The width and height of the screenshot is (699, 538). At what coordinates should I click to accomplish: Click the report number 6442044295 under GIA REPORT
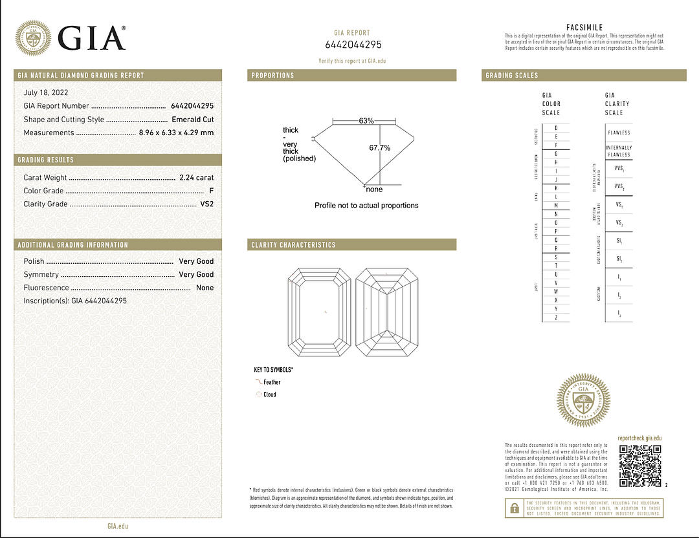[353, 45]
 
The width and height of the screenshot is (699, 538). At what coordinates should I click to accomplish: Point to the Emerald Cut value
[192, 120]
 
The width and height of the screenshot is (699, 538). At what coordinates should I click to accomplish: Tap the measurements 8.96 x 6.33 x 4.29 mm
[176, 133]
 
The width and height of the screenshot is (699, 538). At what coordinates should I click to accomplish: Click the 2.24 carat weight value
[196, 177]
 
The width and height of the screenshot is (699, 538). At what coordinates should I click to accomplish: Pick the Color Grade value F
[212, 191]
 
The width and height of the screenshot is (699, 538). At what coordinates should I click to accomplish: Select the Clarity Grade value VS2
[206, 204]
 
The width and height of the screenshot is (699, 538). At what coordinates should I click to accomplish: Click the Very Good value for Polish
[196, 261]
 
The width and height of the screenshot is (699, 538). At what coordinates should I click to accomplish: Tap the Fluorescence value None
[205, 288]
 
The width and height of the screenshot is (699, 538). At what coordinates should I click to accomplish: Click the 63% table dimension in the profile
[366, 121]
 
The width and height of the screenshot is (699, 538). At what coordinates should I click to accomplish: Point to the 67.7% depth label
[380, 148]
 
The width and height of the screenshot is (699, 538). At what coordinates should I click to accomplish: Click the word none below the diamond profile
[374, 189]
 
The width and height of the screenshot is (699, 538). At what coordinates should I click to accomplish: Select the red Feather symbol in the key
[258, 382]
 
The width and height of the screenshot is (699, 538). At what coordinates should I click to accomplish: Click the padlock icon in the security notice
[515, 509]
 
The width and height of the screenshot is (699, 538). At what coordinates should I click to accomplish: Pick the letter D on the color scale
[556, 128]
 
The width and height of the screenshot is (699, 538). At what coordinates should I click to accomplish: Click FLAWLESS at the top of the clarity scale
[619, 133]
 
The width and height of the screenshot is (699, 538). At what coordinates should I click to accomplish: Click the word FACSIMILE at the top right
[584, 27]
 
